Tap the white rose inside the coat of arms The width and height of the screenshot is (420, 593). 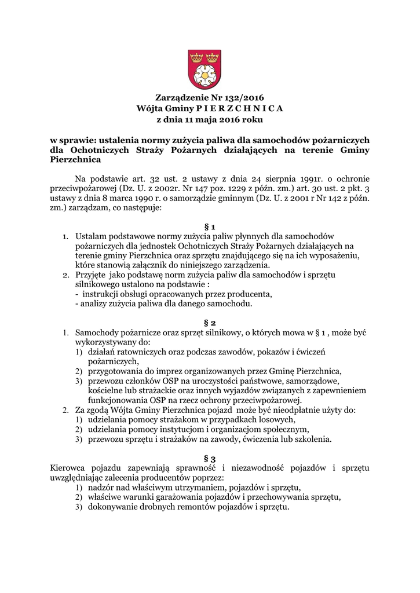[x=203, y=74]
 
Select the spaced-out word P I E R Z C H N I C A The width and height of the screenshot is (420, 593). [x=240, y=109]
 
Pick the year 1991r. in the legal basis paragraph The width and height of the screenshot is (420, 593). [x=301, y=178]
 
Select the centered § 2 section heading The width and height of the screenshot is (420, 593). [x=210, y=321]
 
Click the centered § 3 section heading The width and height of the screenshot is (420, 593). [x=210, y=458]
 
